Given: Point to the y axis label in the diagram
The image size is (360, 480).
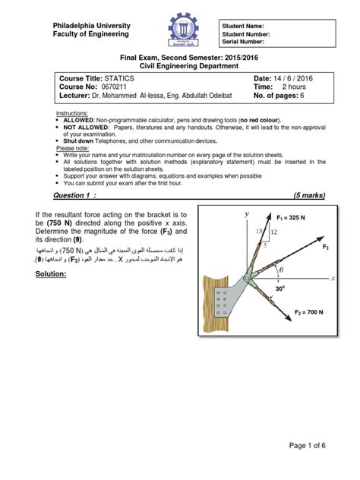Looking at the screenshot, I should click(x=246, y=216).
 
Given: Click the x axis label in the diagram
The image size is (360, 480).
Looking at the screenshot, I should click(x=333, y=279).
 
